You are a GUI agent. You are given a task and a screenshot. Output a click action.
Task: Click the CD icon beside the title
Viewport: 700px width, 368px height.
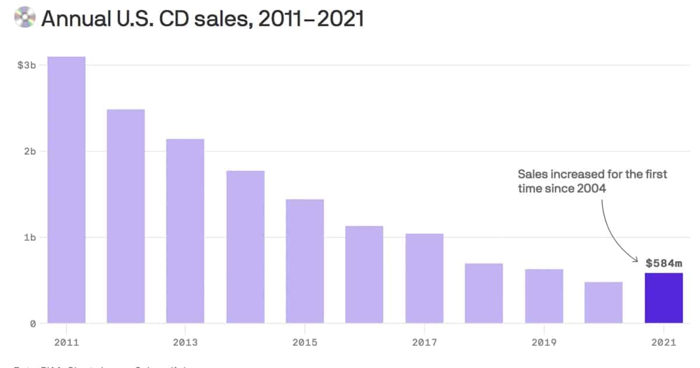(x=24, y=18)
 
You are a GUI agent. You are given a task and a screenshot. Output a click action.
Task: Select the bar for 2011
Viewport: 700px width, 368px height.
(x=66, y=190)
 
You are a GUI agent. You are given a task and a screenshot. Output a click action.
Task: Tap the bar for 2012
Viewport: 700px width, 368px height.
(x=126, y=216)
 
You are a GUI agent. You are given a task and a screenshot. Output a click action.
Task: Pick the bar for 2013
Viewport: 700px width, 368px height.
(x=185, y=231)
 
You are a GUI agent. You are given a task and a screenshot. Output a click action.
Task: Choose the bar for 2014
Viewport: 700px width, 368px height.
(x=246, y=247)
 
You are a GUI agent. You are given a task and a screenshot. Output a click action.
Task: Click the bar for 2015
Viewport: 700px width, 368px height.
(x=305, y=261)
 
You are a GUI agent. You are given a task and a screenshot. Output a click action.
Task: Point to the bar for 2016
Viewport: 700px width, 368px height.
(x=365, y=275)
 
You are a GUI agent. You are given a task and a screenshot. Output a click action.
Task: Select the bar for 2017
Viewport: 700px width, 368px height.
(x=425, y=278)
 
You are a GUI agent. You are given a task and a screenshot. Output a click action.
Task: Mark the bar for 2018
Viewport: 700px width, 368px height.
(x=484, y=293)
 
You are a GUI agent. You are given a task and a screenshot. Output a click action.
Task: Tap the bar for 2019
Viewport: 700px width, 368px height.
(x=544, y=296)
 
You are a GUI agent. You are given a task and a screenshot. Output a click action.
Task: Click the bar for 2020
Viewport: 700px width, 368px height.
(x=604, y=303)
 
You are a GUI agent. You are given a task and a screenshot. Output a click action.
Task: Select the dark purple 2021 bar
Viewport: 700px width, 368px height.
(x=663, y=298)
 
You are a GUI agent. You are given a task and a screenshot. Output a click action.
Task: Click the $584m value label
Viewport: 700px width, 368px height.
(x=664, y=263)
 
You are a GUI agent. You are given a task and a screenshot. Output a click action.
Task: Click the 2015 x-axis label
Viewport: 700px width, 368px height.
(x=305, y=342)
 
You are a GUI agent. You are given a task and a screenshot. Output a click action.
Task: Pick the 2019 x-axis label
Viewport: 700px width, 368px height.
(x=544, y=342)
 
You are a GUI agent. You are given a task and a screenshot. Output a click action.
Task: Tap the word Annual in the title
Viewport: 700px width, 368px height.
(x=75, y=19)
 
